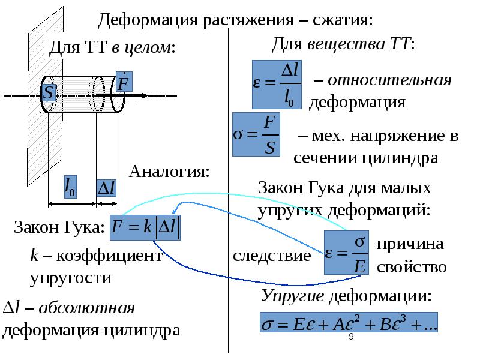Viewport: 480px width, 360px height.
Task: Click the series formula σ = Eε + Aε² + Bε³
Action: [349, 324]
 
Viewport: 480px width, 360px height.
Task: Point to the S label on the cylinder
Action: [49, 93]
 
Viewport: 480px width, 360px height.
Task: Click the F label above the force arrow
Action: [124, 83]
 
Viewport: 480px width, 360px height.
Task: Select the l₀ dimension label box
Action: [70, 187]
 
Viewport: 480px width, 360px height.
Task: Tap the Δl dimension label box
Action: [107, 187]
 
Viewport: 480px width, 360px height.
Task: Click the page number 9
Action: [351, 340]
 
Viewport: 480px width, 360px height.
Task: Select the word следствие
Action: [272, 256]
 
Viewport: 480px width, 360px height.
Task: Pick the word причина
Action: [410, 244]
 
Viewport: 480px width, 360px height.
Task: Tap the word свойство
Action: [412, 266]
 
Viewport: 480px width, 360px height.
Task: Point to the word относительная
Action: [389, 80]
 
